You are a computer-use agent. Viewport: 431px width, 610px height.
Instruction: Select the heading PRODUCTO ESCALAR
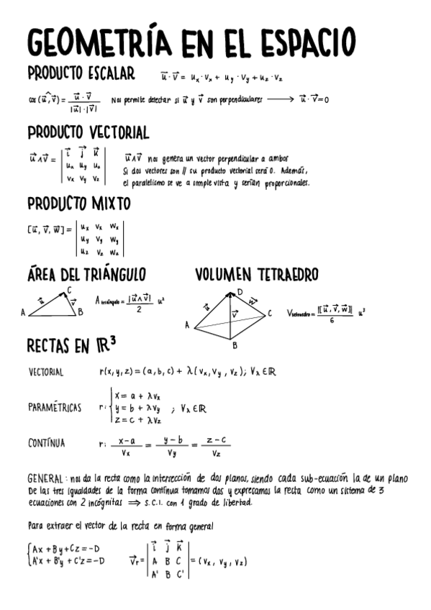(81, 73)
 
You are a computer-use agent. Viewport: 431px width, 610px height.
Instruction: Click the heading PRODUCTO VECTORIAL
(88, 132)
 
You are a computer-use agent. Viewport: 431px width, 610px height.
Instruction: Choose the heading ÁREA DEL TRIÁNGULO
(86, 275)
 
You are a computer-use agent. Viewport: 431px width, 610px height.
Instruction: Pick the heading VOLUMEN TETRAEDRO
(256, 275)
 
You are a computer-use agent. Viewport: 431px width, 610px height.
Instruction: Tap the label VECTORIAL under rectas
(46, 373)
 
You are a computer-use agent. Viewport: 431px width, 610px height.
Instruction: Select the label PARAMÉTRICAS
(55, 407)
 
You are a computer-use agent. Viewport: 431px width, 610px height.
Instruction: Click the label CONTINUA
(46, 443)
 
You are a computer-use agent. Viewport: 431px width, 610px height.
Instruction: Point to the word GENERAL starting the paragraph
(45, 478)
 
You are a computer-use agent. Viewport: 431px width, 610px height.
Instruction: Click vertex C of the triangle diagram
(69, 291)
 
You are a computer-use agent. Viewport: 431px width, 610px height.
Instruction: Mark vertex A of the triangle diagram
(23, 313)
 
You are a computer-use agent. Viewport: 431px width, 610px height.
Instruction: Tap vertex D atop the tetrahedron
(239, 292)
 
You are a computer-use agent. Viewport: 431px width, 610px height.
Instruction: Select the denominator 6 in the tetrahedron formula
(331, 322)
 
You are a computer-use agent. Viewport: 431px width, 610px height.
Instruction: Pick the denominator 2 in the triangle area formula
(138, 310)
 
